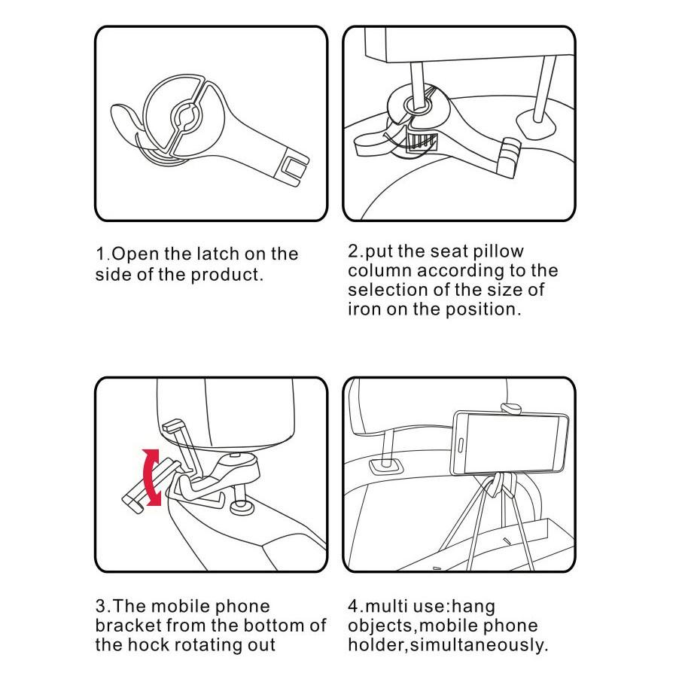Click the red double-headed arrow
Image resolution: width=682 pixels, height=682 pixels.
(150, 477)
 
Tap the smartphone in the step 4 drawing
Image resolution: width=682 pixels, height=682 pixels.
(510, 443)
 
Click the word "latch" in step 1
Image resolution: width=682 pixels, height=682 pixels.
(218, 254)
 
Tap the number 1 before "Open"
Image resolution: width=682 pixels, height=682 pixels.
(100, 254)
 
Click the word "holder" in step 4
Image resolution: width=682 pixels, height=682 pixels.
(376, 644)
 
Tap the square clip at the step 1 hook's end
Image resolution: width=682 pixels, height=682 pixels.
(291, 169)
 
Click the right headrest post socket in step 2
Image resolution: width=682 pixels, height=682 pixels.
(536, 125)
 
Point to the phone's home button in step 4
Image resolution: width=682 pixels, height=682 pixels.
(461, 446)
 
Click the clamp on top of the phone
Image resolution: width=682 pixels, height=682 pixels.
(512, 409)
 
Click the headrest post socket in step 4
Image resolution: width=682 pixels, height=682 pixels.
(386, 466)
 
